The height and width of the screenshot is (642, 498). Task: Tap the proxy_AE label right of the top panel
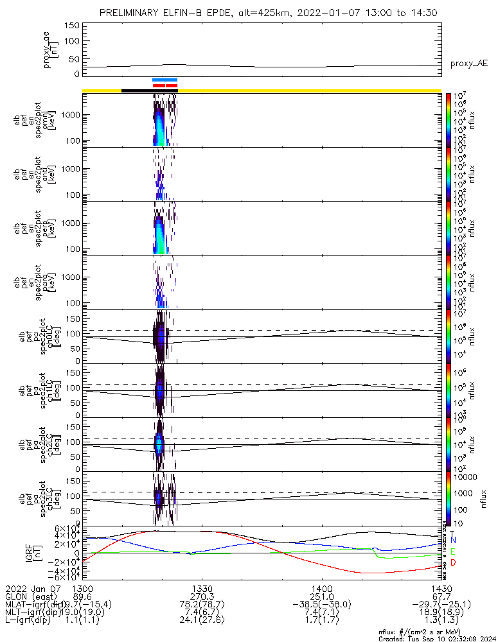(468, 64)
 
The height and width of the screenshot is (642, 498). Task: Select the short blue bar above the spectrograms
(165, 80)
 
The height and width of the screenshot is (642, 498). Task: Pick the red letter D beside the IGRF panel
(453, 563)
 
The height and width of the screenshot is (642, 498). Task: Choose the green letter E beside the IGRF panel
(453, 551)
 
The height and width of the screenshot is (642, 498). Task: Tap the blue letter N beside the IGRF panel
(453, 541)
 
